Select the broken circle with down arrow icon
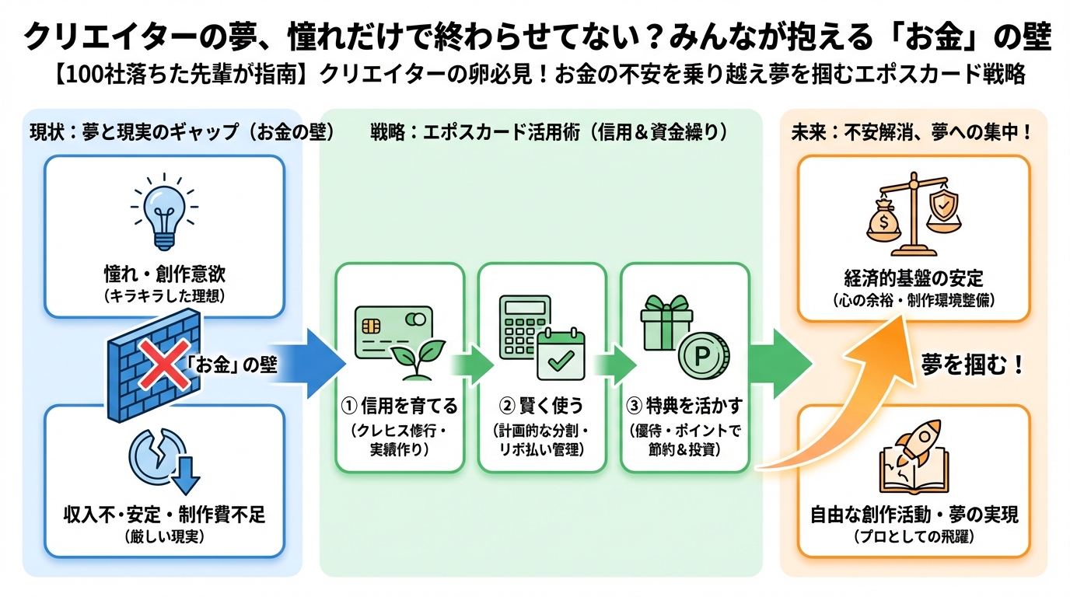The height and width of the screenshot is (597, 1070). (x=164, y=459)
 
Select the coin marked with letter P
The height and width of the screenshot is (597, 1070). (x=702, y=357)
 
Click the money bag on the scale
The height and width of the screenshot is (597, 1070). (x=884, y=220)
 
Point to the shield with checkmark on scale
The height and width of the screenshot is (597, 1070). (x=942, y=204)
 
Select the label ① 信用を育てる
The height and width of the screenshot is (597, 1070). (x=399, y=405)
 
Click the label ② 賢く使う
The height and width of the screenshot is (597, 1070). (x=541, y=405)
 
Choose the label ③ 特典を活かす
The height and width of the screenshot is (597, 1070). (x=684, y=405)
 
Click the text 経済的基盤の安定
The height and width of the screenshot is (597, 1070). (x=914, y=277)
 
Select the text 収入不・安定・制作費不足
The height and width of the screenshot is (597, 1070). (x=164, y=515)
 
